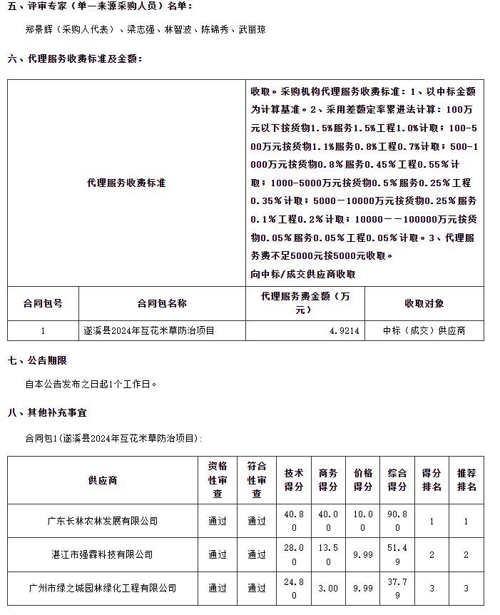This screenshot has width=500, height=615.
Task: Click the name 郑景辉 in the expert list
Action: [x=38, y=30]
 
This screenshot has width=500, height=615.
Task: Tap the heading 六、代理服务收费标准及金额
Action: [x=75, y=59]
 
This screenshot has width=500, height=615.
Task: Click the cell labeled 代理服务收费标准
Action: [x=126, y=183]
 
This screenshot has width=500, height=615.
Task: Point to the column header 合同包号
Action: [x=43, y=303]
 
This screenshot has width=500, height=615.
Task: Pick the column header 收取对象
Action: [x=424, y=303]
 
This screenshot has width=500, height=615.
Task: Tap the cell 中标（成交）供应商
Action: [x=424, y=330]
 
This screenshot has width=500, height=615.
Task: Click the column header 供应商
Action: [x=103, y=480]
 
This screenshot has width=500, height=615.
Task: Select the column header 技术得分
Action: [x=293, y=480]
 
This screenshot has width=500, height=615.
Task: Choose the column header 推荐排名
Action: [x=466, y=480]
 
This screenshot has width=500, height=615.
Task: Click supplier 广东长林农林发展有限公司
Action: [x=103, y=521]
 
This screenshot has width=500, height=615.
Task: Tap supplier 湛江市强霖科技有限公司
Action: [x=103, y=554]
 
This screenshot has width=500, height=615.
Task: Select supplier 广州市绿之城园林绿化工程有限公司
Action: [x=103, y=588]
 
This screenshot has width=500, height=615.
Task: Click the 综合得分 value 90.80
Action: [x=397, y=521]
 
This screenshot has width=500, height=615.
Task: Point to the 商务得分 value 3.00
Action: [x=327, y=588]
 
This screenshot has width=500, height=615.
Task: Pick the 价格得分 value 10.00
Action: [x=362, y=521]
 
